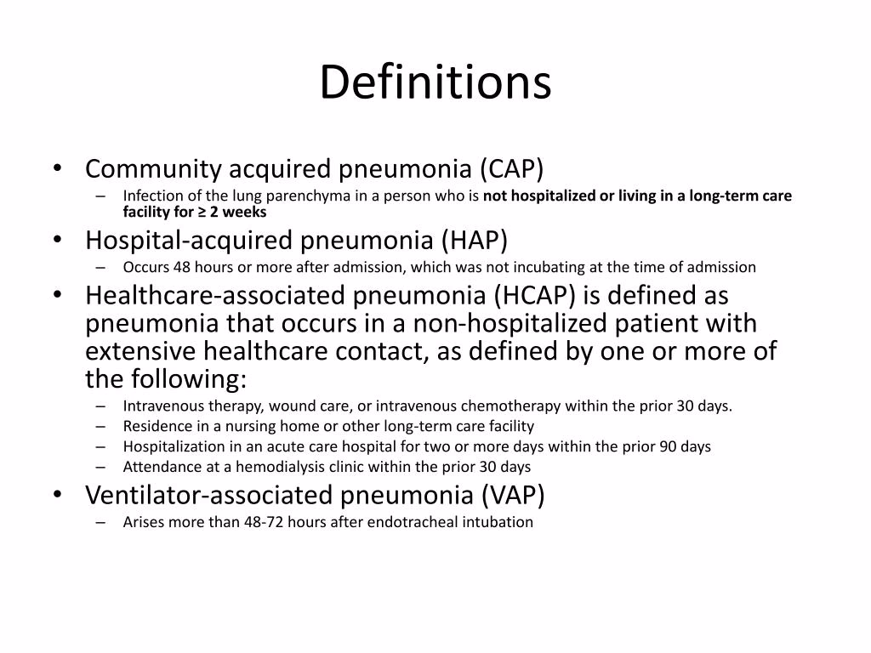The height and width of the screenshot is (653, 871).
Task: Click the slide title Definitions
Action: (x=435, y=83)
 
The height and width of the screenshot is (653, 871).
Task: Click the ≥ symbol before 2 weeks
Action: (x=202, y=212)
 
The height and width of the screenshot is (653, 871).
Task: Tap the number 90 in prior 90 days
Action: (x=668, y=446)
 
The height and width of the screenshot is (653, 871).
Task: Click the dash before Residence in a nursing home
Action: (x=102, y=426)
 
